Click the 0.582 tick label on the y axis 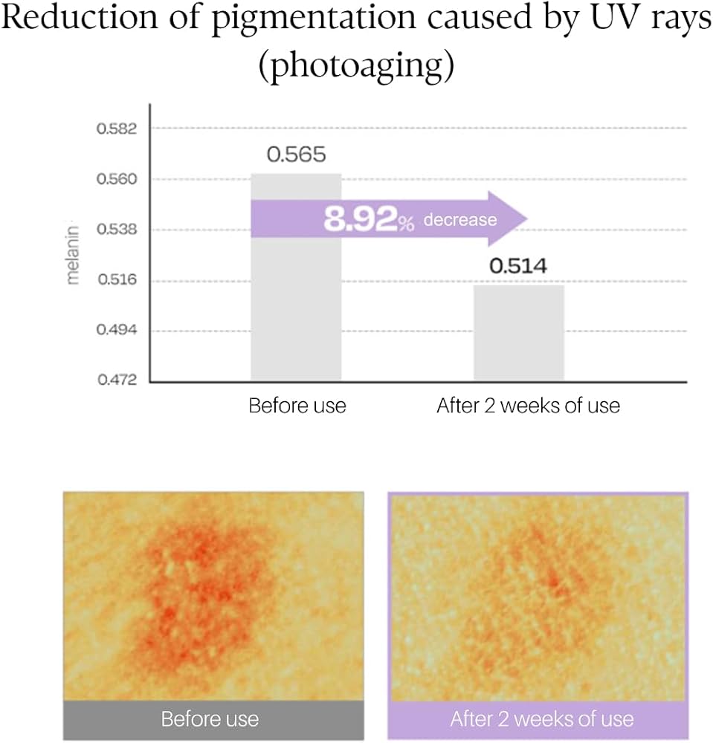coord(117,129)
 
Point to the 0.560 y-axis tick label coord(117,179)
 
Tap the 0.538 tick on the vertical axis coord(117,230)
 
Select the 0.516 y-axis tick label coord(117,279)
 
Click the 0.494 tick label coord(117,329)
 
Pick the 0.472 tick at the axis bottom coord(117,380)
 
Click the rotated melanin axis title coord(72,255)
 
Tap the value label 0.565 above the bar coord(297,155)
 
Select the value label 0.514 coord(518,266)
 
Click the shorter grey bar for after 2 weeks coord(519,332)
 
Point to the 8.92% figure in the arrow coord(369,219)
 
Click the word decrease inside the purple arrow coord(460,220)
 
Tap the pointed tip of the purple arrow coord(527,219)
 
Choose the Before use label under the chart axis coord(297,406)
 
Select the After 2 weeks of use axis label coord(528,406)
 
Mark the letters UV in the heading coord(604,18)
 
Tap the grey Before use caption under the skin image coord(210,718)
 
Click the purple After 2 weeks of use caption coord(542,718)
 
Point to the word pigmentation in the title coord(313,19)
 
